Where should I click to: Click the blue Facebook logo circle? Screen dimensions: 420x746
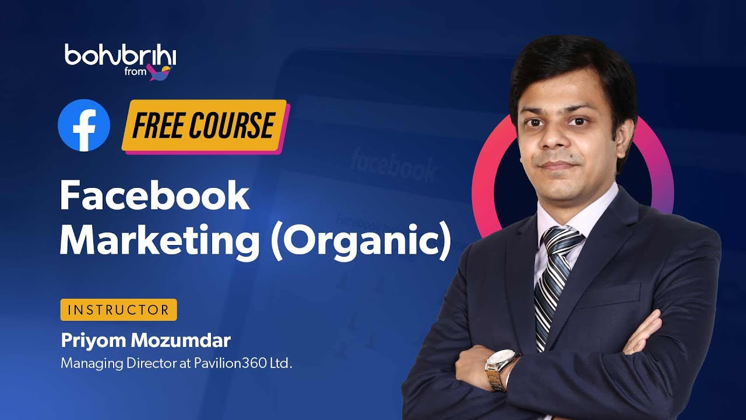click(x=84, y=125)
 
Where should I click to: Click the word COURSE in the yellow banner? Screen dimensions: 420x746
click(x=237, y=125)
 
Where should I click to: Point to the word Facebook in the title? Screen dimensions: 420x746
click(x=154, y=197)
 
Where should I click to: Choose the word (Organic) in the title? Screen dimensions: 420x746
click(x=361, y=242)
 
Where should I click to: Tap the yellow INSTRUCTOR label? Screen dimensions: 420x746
click(x=118, y=310)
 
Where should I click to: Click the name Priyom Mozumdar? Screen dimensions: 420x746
click(x=146, y=339)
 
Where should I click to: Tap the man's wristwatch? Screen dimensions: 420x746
click(x=500, y=367)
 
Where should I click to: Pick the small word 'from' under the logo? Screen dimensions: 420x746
click(x=135, y=73)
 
